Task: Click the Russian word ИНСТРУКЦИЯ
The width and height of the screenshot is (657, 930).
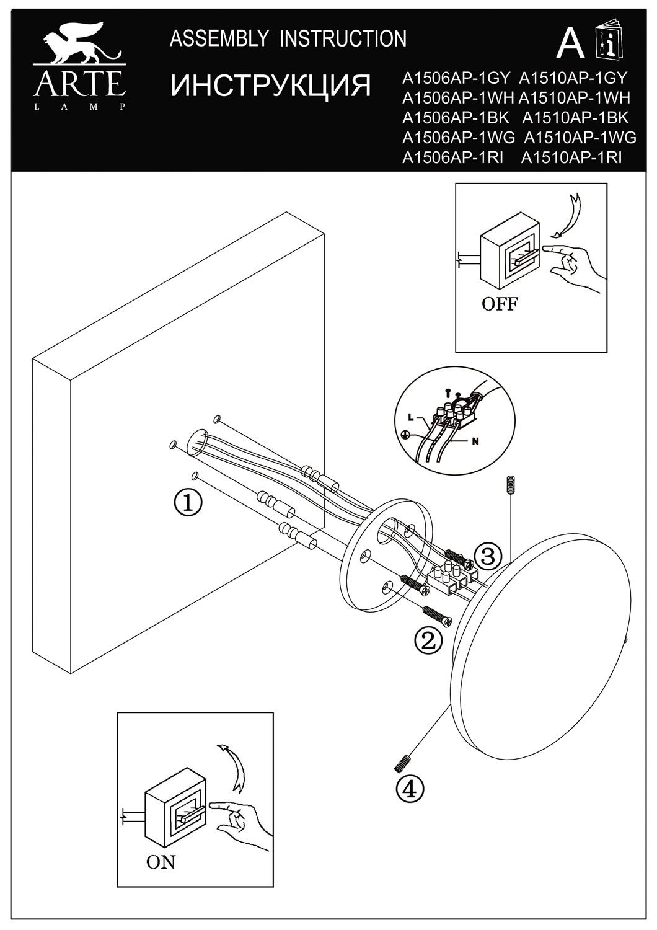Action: click(270, 86)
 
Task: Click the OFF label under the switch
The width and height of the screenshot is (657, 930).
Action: click(500, 304)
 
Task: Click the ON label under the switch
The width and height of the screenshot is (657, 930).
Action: click(160, 862)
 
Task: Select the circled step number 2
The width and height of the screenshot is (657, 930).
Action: click(427, 640)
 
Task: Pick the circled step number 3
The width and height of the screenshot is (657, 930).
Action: click(488, 556)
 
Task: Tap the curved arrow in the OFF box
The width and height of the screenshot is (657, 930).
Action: click(568, 216)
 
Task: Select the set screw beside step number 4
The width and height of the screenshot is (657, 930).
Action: click(402, 763)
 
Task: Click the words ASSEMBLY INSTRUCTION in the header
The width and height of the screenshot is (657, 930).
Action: click(288, 39)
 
